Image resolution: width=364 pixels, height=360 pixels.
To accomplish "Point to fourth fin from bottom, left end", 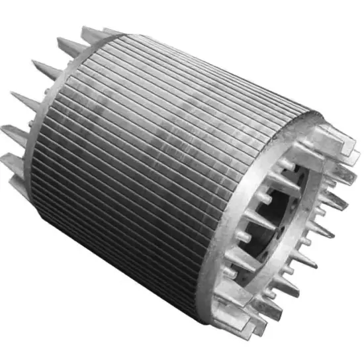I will [42, 69].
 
